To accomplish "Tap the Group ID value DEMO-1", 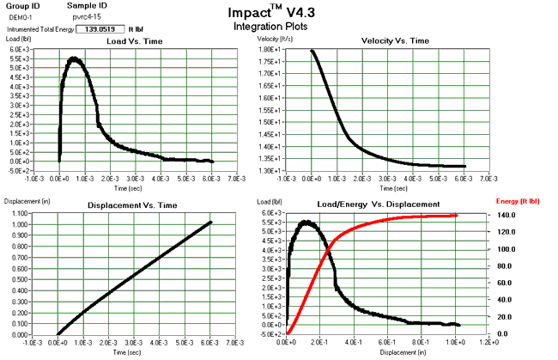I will point(21,16).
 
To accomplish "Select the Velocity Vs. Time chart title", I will point(383,41).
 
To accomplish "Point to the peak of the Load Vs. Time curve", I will point(75,58).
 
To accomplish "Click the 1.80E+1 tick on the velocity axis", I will point(270,50).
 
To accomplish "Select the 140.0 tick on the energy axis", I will point(507,215).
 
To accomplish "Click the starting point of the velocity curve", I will point(312,51).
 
